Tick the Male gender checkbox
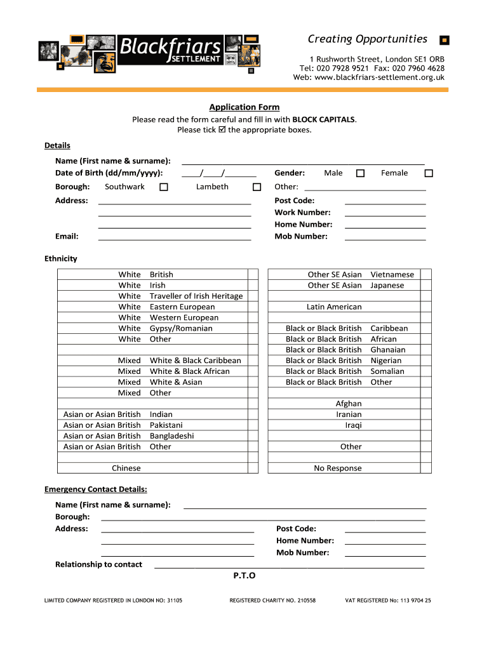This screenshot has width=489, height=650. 360,173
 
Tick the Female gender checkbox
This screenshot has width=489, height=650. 429,173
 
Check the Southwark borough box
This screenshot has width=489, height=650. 163,187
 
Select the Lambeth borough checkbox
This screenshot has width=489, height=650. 257,187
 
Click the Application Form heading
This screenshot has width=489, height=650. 245,107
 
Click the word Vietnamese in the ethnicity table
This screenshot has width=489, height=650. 392,275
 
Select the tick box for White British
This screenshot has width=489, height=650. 253,275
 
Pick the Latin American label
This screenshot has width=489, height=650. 334,307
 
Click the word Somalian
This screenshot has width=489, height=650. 387,371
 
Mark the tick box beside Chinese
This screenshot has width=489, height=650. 253,468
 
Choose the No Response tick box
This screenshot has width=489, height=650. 425,468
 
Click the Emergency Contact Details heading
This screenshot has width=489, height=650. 95,489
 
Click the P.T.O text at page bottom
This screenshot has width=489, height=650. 245,576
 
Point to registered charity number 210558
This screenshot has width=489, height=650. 272,600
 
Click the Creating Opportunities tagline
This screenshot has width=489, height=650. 367,39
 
